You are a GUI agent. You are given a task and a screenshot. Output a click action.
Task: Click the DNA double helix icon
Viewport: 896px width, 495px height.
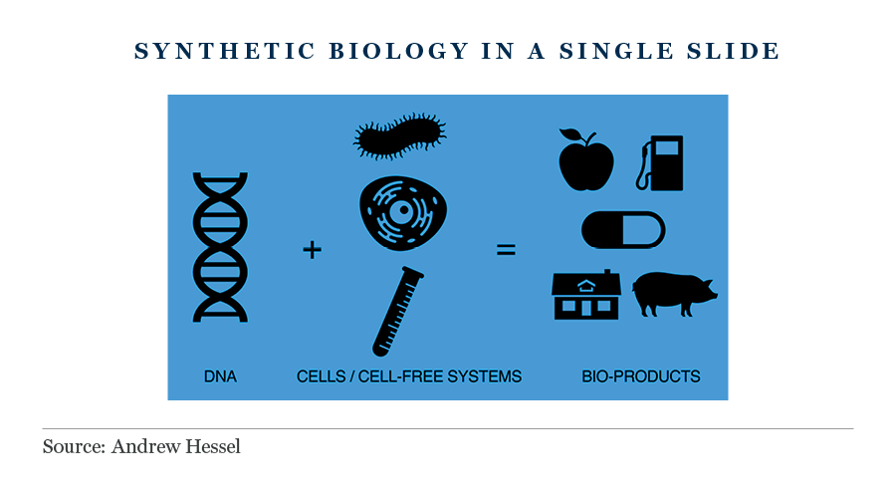220,247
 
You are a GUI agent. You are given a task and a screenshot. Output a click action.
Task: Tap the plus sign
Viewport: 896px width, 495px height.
312,250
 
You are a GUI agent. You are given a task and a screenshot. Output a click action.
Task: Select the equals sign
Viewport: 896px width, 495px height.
506,249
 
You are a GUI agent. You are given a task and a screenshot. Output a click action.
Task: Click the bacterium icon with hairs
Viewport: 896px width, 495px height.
400,136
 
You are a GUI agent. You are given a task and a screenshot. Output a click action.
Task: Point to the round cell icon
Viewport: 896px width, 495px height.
403,212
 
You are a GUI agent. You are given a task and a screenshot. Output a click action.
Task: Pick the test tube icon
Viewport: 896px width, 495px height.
397,312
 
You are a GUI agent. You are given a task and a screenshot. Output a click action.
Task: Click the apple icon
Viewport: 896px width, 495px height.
585,159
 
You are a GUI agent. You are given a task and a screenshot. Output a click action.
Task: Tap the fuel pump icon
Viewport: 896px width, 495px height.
661,163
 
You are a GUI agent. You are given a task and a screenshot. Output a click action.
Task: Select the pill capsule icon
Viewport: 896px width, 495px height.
623,230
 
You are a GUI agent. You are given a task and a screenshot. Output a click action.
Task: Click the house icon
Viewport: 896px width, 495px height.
586,295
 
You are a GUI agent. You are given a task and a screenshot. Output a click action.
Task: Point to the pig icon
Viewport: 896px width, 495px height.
675,294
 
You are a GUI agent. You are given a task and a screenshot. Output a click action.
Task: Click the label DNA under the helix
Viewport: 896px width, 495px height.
220,376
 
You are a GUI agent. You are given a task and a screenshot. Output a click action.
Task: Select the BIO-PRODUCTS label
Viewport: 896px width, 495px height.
640,376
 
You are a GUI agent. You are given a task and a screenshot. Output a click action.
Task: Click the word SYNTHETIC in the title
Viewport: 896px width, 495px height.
225,51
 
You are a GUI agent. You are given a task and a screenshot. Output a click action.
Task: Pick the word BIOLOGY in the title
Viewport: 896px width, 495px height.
399,51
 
